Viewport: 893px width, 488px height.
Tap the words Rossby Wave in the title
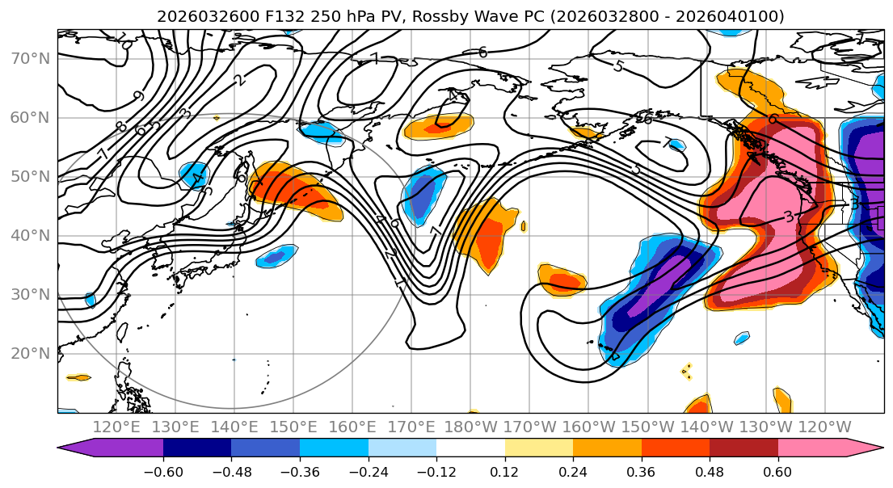[435, 16]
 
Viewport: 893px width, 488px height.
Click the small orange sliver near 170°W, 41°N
[524, 225]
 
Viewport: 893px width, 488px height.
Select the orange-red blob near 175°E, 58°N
[437, 126]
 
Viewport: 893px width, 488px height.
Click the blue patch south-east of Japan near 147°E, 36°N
[274, 258]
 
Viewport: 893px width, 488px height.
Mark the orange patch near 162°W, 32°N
[562, 279]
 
